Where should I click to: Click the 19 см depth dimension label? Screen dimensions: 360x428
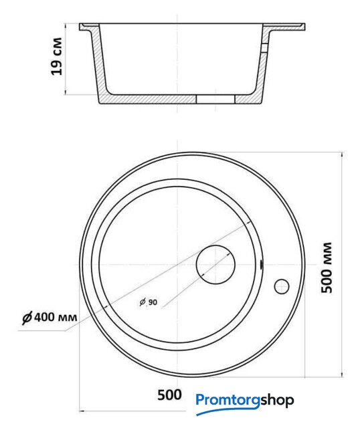[56, 56]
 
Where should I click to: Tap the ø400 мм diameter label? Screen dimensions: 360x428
[50, 317]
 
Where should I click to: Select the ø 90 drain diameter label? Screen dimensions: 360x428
[149, 302]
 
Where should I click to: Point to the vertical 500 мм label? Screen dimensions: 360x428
[327, 267]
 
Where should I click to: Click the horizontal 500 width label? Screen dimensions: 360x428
[169, 395]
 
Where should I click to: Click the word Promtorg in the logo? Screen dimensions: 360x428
[228, 401]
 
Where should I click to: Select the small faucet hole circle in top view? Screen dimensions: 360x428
[282, 287]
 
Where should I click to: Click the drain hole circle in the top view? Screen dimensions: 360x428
[215, 265]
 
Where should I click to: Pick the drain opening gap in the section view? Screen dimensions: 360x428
[215, 99]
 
